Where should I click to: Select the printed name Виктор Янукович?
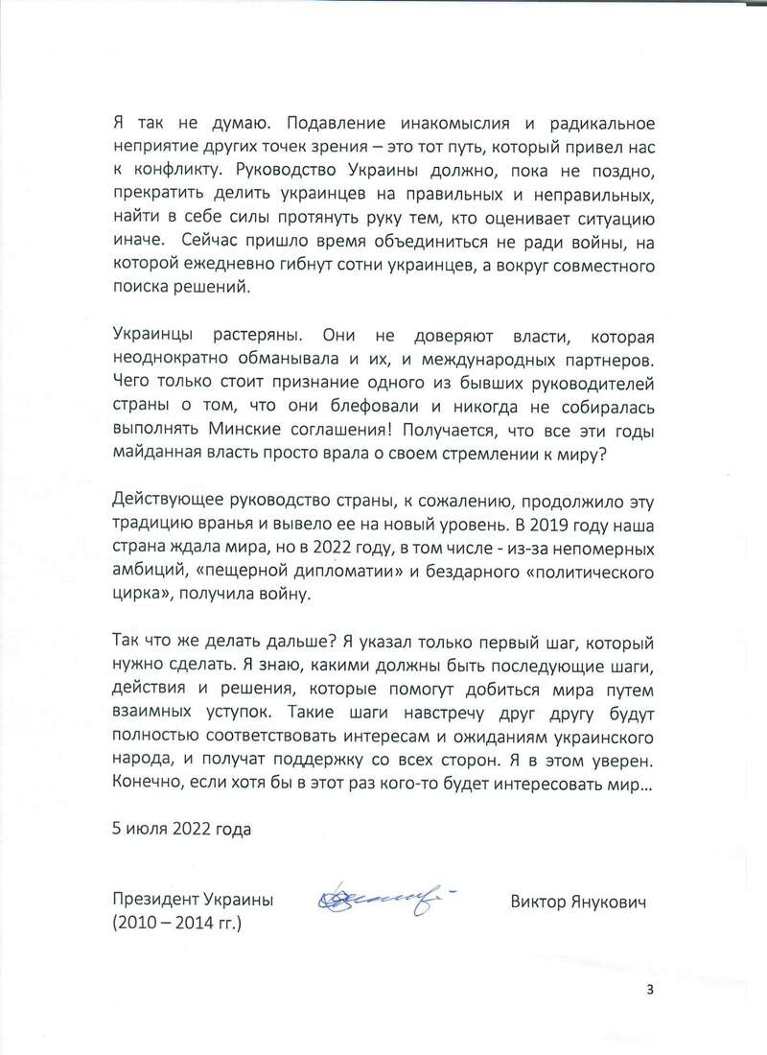pyautogui.click(x=579, y=901)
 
